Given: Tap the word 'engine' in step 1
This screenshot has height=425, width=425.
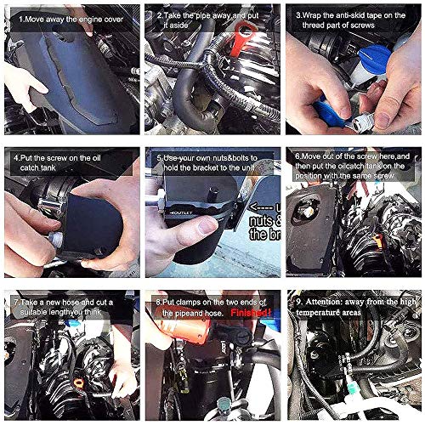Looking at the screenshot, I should [x=94, y=15].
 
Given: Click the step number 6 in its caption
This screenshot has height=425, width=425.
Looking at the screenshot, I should [x=298, y=157].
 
